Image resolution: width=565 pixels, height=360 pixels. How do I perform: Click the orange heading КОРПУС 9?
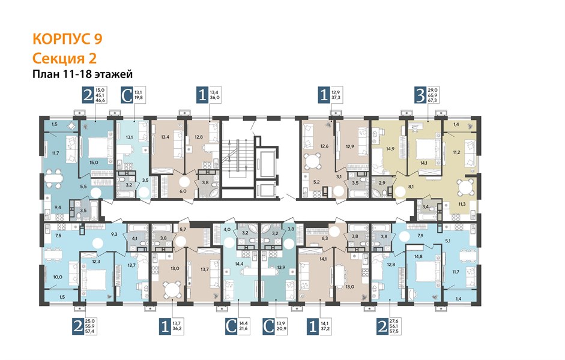(x=67, y=39)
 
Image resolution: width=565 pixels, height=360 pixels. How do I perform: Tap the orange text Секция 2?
(x=64, y=58)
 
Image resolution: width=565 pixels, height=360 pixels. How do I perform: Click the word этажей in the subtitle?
(x=113, y=74)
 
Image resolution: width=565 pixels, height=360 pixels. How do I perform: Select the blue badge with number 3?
(x=420, y=95)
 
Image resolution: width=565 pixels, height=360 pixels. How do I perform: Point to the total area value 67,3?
(x=432, y=100)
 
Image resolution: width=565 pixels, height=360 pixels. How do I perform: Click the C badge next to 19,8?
(x=127, y=95)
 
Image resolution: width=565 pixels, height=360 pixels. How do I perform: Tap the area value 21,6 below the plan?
(x=244, y=329)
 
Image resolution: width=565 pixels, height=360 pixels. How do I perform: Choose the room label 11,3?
(x=462, y=204)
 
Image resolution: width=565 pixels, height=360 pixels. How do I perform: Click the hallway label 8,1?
(x=411, y=187)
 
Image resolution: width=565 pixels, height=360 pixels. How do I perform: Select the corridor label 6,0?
(x=183, y=191)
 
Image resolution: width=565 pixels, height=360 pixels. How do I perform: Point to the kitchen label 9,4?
(x=57, y=208)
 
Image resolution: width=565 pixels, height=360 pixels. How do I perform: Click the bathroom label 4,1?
(x=134, y=238)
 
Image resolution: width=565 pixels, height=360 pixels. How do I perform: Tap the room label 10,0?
(x=58, y=277)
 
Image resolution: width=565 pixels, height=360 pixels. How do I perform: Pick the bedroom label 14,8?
(x=418, y=257)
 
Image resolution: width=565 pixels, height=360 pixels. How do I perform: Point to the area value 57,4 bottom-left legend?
(x=89, y=331)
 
